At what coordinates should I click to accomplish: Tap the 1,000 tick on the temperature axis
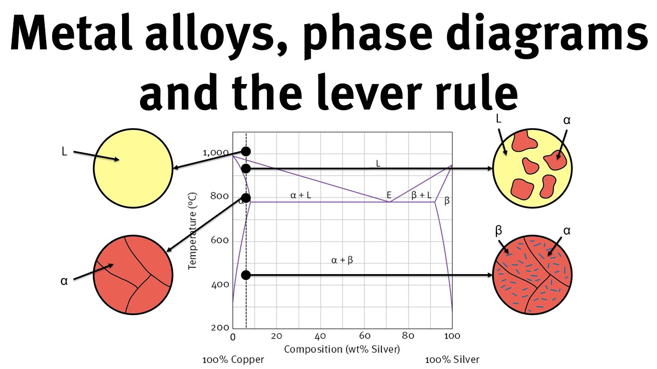click(215, 153)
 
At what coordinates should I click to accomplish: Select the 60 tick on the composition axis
click(364, 336)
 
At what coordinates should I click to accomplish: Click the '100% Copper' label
click(233, 360)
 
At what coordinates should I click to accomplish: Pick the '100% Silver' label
click(452, 360)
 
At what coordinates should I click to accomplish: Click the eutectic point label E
click(389, 195)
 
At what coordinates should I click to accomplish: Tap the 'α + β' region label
click(342, 260)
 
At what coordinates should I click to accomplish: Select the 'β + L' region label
click(421, 195)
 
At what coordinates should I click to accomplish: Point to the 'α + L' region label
click(301, 195)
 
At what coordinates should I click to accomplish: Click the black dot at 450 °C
click(246, 275)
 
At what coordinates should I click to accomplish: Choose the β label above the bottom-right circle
click(498, 231)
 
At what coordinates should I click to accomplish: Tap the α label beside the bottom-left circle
click(64, 281)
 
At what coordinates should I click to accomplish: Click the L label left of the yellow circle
click(64, 152)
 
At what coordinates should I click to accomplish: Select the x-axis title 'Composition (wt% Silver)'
click(342, 349)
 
